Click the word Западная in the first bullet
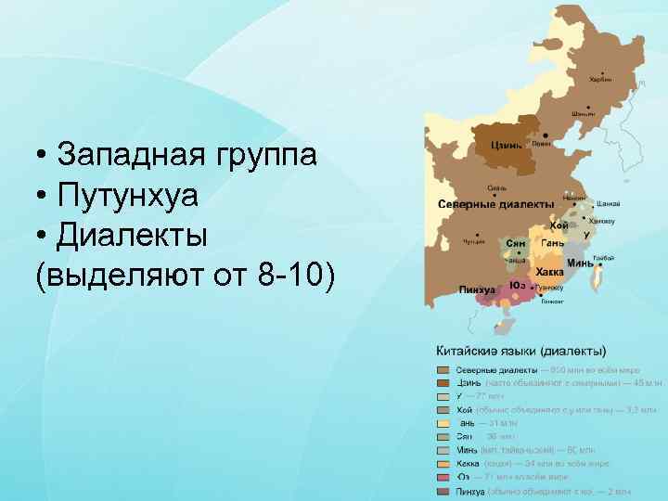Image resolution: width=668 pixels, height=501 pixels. (129, 154)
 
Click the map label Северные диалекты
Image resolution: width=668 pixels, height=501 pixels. (495, 203)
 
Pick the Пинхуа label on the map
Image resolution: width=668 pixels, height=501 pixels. (477, 290)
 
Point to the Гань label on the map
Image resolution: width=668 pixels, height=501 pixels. (553, 243)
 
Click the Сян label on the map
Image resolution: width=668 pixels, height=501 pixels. (516, 243)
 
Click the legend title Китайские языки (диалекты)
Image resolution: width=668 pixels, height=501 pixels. (521, 351)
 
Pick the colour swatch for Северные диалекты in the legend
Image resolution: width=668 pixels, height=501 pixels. (444, 369)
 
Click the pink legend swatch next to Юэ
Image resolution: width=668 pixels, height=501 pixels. (444, 477)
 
